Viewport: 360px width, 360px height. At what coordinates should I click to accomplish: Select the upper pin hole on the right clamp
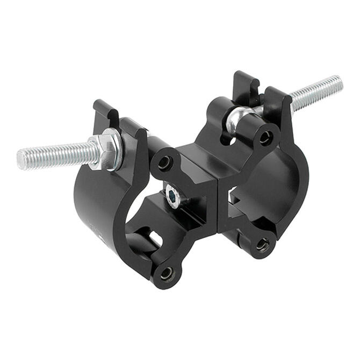(265, 137)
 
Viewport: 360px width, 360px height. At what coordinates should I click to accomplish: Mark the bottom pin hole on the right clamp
(263, 245)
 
